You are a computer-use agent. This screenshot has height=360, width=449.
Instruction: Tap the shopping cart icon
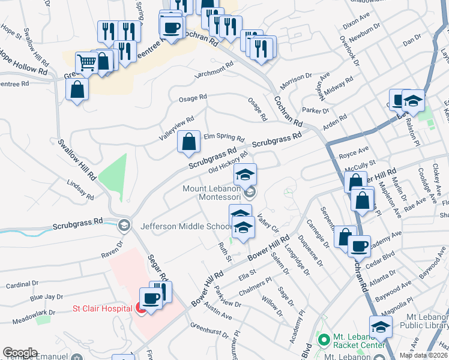87,62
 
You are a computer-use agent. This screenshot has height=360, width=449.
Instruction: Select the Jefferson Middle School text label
185,227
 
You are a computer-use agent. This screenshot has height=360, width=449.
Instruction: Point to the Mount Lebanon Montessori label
212,193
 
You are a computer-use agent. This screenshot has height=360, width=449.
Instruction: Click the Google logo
20,353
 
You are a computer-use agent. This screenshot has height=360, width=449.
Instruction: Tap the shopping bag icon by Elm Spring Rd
188,142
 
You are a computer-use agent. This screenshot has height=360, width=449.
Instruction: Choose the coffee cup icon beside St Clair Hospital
151,298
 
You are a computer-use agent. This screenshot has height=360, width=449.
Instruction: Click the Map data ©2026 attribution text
423,355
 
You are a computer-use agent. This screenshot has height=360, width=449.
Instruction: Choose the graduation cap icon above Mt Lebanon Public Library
381,326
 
